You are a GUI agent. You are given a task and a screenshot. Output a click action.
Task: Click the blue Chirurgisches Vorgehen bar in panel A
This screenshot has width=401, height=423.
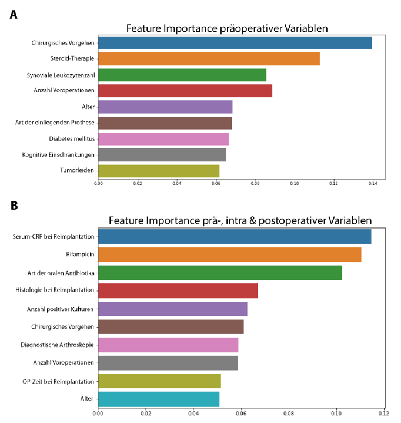pos(235,43)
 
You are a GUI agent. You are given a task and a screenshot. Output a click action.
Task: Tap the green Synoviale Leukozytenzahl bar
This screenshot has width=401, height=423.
pos(182,75)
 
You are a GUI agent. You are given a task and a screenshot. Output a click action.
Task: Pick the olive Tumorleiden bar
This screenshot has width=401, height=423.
pos(159,171)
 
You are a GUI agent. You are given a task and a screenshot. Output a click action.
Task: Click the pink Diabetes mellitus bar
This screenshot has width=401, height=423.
pos(163,139)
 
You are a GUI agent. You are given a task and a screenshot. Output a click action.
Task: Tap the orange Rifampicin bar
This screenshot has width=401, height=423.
pos(229,255)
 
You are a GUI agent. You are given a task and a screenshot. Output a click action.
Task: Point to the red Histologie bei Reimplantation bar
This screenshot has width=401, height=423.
pos(178,290)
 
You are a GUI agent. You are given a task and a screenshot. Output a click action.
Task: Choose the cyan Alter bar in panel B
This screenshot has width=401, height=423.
pos(159,399)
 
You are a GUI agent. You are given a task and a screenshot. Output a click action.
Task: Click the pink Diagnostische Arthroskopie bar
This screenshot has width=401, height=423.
pos(168,345)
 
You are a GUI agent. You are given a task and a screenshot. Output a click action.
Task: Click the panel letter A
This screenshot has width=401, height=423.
pos(14,15)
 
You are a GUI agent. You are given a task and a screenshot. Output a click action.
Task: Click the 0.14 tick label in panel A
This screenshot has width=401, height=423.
pos(372,184)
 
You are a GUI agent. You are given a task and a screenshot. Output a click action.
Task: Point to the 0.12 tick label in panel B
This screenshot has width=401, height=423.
pos(384,413)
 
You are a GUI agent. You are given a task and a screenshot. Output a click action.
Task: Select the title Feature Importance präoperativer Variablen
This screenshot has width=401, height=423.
pos(227,28)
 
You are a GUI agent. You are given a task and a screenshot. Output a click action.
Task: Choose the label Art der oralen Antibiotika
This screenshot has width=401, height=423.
pos(61,272)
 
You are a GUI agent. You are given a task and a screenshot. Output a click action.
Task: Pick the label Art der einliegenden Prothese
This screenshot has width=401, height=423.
pos(55,123)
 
